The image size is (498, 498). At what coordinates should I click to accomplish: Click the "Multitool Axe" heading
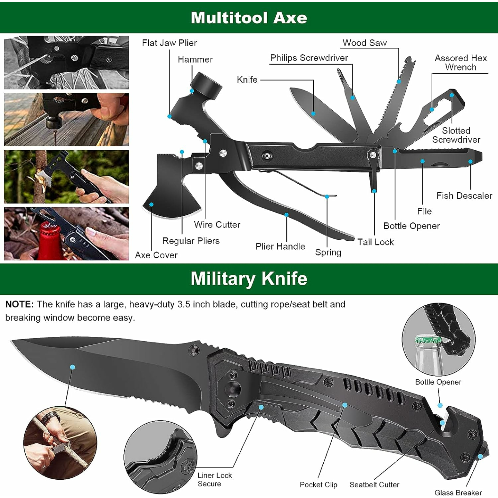249,18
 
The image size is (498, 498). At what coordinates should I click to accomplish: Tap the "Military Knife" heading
249,279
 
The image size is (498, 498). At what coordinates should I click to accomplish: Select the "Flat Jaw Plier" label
169,43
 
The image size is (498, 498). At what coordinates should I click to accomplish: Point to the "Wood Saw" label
365,43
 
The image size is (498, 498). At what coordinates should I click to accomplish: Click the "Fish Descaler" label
464,196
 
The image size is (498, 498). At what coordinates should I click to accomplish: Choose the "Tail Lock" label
375,242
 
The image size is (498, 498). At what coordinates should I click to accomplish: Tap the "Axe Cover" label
156,255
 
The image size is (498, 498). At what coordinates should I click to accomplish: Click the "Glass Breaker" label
458,492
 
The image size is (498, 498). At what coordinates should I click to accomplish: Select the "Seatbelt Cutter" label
374,485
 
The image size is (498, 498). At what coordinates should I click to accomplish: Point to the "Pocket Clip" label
318,485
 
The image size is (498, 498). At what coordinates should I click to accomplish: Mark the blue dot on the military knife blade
72,367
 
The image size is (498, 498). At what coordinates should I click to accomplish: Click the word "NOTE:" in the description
19,304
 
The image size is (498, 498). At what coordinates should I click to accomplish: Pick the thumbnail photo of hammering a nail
66,119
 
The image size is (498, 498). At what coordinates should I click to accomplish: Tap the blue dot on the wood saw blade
399,82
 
